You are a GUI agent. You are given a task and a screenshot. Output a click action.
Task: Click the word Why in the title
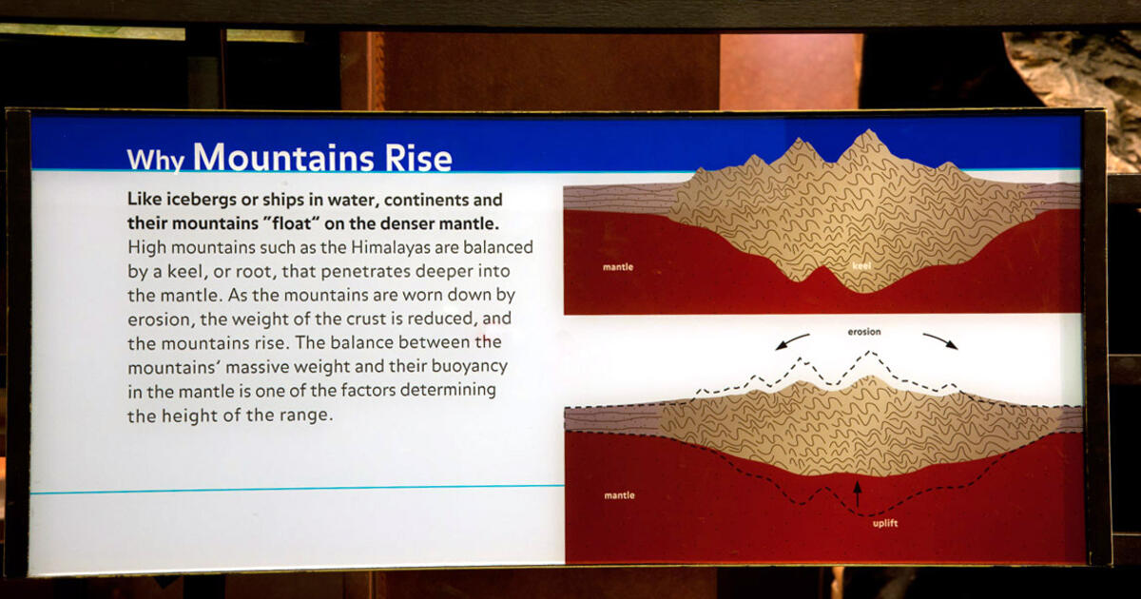[155, 159]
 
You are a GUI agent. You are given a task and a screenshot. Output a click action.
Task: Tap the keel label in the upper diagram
[862, 267]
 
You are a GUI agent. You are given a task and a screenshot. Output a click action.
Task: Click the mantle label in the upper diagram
[618, 267]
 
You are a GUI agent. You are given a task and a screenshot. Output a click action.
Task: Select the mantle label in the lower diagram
[619, 495]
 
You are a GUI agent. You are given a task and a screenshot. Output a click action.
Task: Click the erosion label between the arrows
[865, 333]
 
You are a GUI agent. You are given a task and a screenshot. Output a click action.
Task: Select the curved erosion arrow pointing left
[793, 340]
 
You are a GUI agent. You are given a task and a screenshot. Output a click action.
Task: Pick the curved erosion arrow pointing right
[939, 340]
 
